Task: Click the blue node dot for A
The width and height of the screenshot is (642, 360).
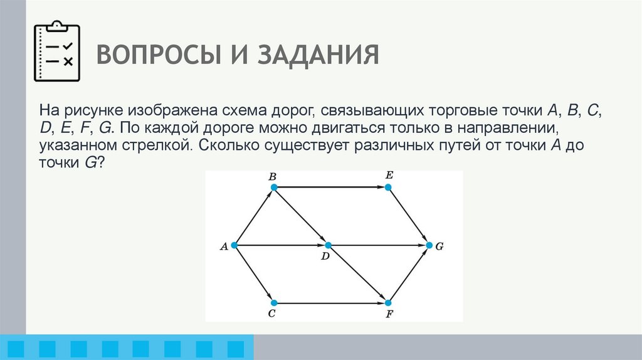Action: point(234,245)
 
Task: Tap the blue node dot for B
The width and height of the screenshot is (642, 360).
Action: point(273,187)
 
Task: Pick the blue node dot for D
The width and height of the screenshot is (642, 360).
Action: point(327,245)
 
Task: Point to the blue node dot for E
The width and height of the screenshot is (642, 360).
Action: point(389,187)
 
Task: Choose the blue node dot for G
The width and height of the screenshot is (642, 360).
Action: point(429,245)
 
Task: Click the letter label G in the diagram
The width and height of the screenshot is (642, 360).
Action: point(439,246)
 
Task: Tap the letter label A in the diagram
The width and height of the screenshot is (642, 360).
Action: point(223,246)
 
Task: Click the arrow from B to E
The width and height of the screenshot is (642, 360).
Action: point(331,187)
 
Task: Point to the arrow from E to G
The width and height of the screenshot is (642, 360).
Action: point(409,216)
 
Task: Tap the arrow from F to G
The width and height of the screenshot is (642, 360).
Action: point(409,274)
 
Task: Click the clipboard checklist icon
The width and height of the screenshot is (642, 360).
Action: point(56,52)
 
